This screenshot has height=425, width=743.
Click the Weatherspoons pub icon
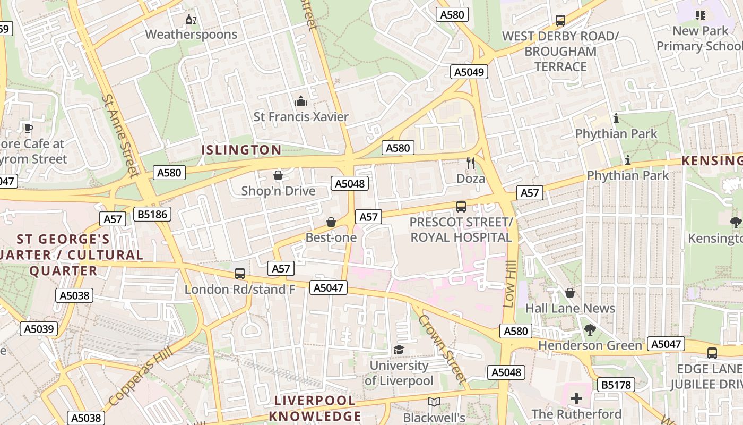click(x=191, y=20)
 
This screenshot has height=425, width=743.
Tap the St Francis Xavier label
click(x=301, y=117)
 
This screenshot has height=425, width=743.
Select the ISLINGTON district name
click(x=241, y=150)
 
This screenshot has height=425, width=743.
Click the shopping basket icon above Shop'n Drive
click(x=278, y=175)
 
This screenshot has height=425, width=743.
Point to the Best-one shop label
click(x=331, y=237)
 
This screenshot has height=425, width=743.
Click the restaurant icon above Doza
click(x=471, y=163)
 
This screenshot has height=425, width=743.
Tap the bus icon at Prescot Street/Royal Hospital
click(x=461, y=206)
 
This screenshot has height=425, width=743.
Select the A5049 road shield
click(x=469, y=72)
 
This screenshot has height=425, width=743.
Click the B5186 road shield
click(x=152, y=214)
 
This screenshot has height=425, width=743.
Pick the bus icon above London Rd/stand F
click(x=240, y=274)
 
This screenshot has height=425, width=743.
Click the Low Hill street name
click(x=509, y=284)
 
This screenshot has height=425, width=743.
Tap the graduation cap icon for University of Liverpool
click(x=399, y=350)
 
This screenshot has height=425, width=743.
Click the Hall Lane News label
click(x=570, y=308)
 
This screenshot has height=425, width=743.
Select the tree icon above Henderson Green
click(x=590, y=330)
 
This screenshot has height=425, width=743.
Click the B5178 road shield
click(x=616, y=385)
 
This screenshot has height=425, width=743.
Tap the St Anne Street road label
click(x=120, y=135)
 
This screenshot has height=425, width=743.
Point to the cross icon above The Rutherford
click(x=576, y=398)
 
